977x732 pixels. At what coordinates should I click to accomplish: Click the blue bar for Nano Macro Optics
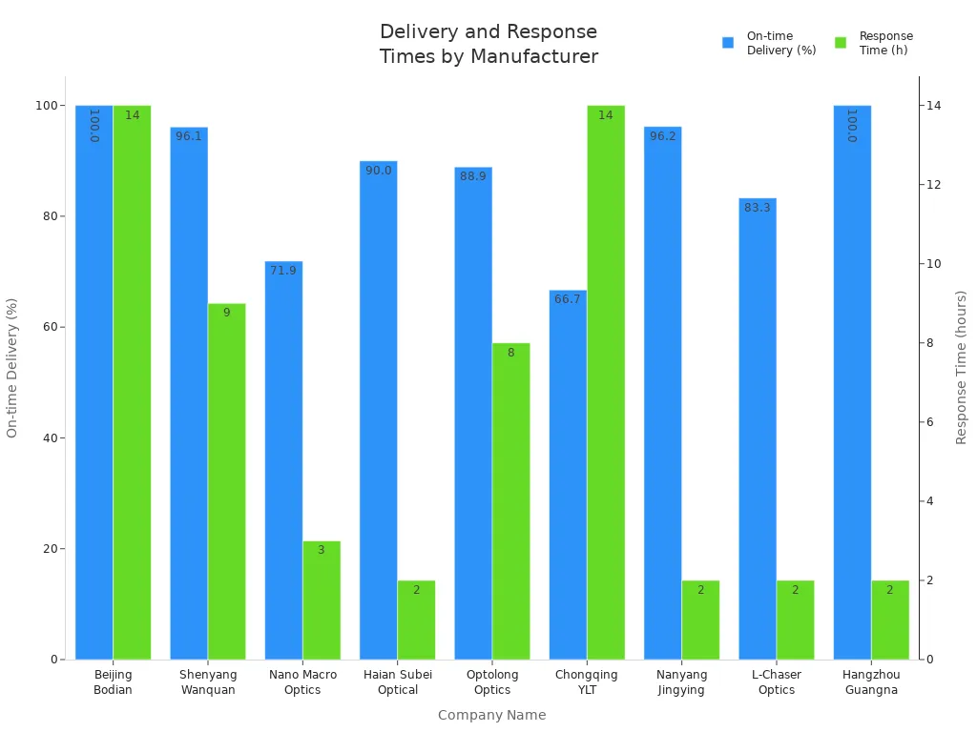click(283, 460)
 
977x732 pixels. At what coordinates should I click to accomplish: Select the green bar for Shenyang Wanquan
click(227, 481)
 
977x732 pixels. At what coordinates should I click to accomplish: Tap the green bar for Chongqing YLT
click(606, 382)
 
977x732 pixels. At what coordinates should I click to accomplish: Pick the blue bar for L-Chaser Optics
click(758, 429)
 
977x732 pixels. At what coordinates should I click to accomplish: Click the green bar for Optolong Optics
click(511, 501)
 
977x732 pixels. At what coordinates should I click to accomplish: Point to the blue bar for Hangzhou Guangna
click(852, 382)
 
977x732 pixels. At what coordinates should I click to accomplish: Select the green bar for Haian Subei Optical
click(416, 620)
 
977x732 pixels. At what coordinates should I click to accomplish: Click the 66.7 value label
click(568, 299)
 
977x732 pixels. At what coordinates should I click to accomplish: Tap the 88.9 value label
click(473, 176)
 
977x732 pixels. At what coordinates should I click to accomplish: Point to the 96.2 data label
click(663, 136)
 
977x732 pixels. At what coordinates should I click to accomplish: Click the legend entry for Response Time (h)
click(874, 43)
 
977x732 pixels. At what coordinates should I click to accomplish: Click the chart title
click(488, 45)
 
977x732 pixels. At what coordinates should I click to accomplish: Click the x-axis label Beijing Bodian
click(114, 682)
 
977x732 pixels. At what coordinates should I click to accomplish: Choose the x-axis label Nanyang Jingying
click(682, 682)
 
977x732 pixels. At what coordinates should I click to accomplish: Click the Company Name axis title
click(491, 715)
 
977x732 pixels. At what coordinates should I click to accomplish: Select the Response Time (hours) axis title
click(962, 367)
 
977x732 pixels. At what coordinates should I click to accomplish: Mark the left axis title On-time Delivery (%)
click(12, 367)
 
